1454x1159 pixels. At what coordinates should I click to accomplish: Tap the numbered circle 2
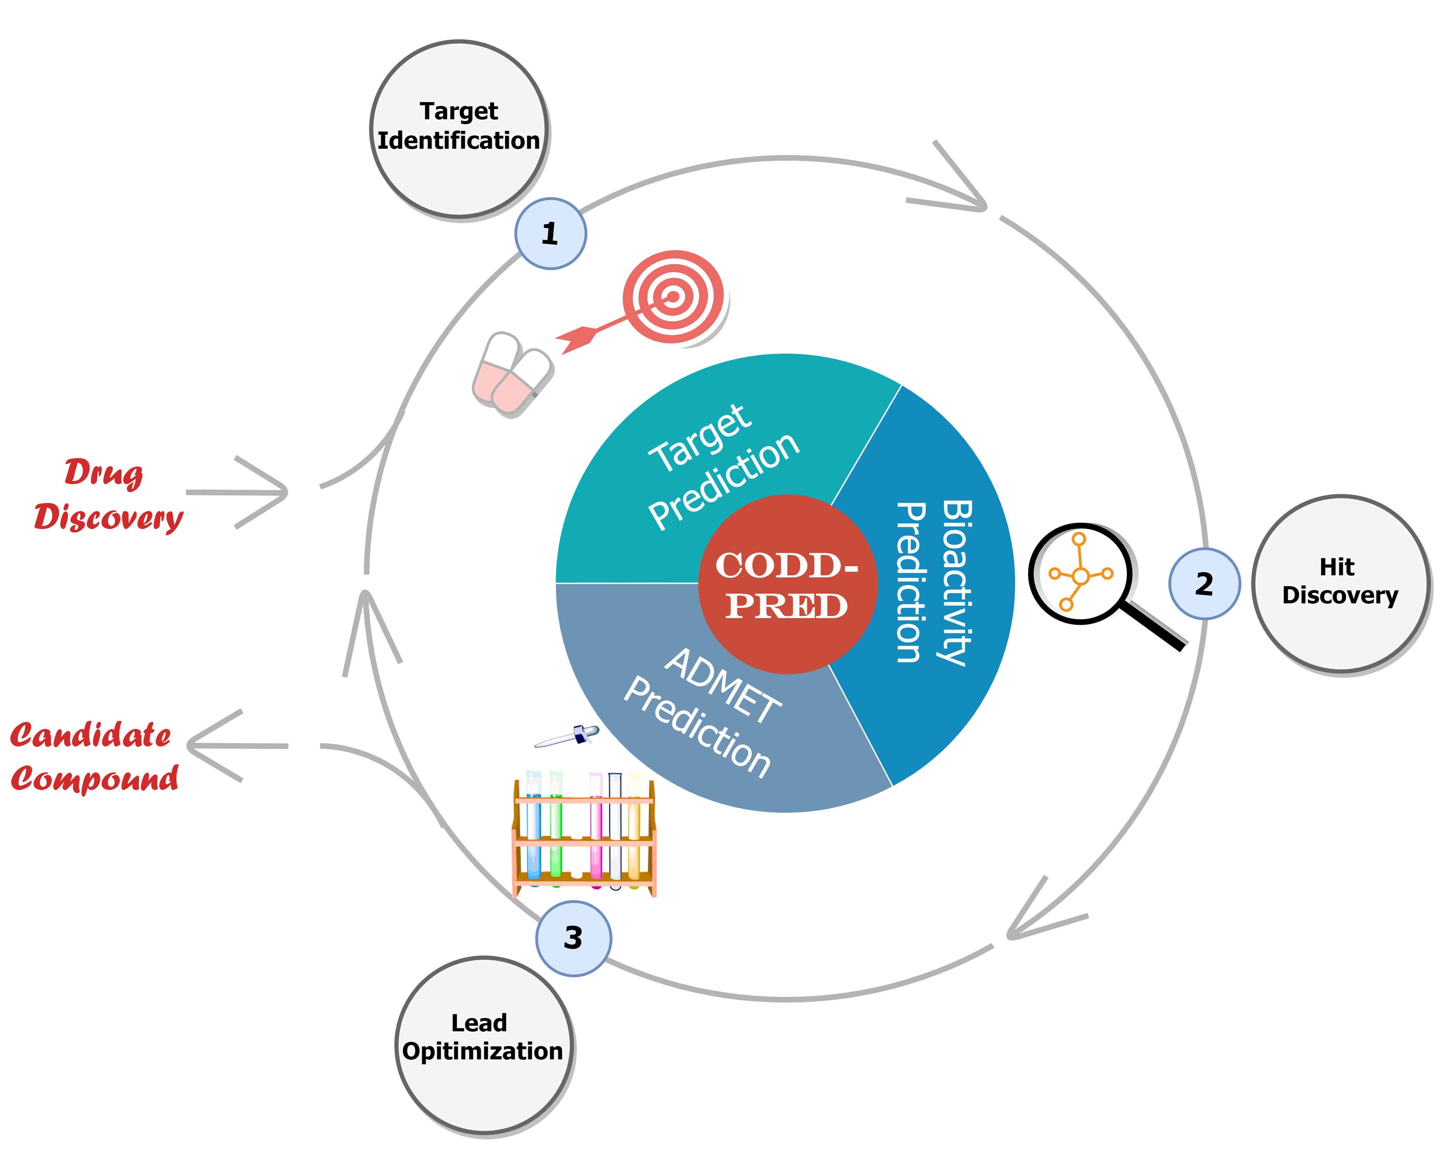pyautogui.click(x=1204, y=584)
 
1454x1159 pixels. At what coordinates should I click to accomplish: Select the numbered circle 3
pyautogui.click(x=573, y=938)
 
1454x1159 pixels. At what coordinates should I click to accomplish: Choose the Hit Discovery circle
pyautogui.click(x=1341, y=583)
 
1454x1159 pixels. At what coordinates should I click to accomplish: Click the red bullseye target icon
pyautogui.click(x=672, y=297)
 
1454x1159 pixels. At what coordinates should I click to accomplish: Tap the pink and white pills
pyautogui.click(x=511, y=372)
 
